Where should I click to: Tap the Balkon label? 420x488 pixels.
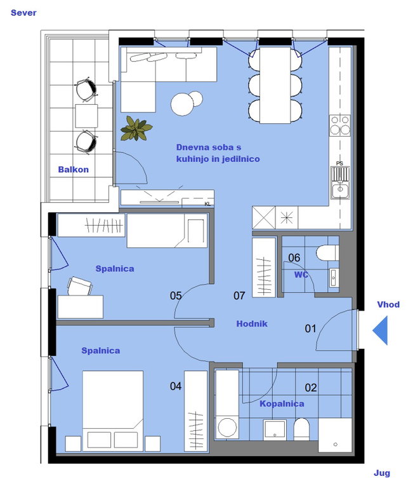pos(74,170)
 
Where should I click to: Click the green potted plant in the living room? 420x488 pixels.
pos(136,128)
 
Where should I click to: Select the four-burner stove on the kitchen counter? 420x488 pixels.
pos(340,125)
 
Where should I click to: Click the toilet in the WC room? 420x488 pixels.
pos(327,253)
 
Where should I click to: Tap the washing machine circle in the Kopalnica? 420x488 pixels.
pos(227,427)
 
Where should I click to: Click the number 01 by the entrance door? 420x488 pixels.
pos(310,329)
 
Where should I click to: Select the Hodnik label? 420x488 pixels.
pos(252,323)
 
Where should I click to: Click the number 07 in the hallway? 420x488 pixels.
pos(239,295)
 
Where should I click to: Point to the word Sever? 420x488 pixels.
pos(23,13)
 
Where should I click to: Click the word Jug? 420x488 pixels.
pos(382,473)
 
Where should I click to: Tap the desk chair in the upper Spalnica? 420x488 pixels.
pos(79,286)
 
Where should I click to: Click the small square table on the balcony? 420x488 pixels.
pos(86,116)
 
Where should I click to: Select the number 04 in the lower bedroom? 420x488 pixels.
pos(176,386)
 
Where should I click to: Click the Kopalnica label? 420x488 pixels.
pos(282,403)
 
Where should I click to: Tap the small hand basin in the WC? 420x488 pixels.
pos(334,278)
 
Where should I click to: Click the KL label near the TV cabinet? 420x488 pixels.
pos(207,204)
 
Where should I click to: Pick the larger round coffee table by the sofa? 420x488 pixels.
pos(182,104)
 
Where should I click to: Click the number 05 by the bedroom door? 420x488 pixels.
pos(176,295)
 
